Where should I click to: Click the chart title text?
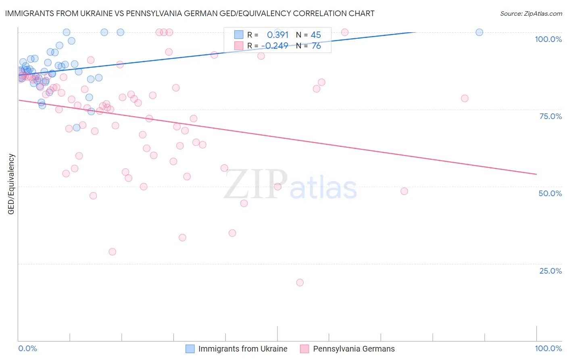(190, 13)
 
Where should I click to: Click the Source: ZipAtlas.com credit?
(531, 13)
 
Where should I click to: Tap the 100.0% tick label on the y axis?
(548, 39)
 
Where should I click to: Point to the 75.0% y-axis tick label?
(550, 116)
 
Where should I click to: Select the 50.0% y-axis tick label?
(550, 193)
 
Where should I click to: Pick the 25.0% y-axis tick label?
(550, 270)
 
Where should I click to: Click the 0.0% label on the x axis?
(27, 348)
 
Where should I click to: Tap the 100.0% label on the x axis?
(548, 348)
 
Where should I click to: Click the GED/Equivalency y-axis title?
(11, 184)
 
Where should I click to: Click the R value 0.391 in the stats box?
(278, 35)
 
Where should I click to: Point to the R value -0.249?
(275, 46)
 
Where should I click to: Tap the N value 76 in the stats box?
(316, 46)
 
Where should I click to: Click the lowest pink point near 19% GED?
(300, 283)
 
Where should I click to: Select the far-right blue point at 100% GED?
(479, 32)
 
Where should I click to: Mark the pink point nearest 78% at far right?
(465, 98)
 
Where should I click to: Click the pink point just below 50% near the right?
(404, 191)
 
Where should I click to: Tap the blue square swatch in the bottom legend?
(190, 349)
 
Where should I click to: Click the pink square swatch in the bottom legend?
(304, 349)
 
